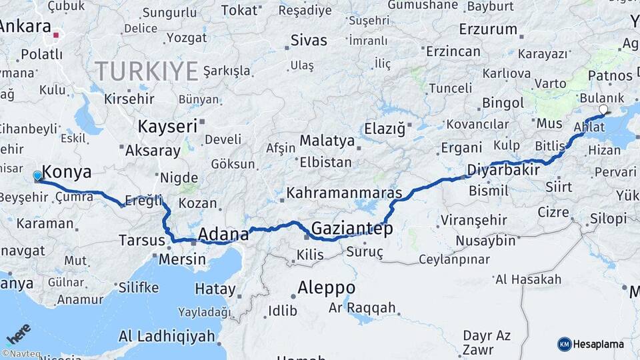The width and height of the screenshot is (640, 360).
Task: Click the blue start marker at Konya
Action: click(x=37, y=176)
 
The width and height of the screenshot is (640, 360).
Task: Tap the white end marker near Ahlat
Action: click(x=603, y=109)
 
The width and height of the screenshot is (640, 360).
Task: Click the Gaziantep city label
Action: click(x=351, y=229)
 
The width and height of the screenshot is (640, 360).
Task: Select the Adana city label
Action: click(x=223, y=234)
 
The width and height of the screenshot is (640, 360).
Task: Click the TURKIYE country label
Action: click(x=147, y=70)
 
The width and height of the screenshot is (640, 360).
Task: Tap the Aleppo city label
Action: click(x=326, y=288)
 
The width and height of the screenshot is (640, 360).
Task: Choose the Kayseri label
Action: click(x=167, y=126)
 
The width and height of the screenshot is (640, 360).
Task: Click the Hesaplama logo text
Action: click(x=598, y=344)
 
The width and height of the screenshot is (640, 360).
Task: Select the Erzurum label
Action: click(x=488, y=29)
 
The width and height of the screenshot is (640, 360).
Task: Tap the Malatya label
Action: click(x=327, y=141)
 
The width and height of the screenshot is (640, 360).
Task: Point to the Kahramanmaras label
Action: click(x=344, y=193)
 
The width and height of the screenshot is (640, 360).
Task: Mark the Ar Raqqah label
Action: click(x=362, y=308)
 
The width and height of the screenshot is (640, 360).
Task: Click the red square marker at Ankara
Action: click(x=57, y=35)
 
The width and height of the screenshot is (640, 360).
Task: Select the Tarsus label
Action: click(x=141, y=240)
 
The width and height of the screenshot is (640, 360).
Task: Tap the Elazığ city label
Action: click(x=385, y=129)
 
